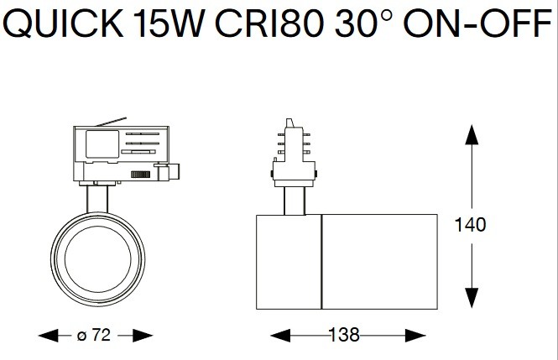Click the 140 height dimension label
470,225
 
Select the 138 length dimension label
344,335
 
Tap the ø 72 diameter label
94,335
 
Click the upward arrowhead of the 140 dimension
472,134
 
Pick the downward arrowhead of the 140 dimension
472,298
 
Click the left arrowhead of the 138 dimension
280,336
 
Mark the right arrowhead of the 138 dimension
415,336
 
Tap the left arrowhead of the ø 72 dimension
49,336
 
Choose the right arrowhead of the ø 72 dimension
143,336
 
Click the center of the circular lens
98,259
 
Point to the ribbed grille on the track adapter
141,175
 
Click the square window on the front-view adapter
102,144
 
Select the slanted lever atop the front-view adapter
111,122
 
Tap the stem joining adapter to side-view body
295,201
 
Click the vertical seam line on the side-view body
321,262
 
